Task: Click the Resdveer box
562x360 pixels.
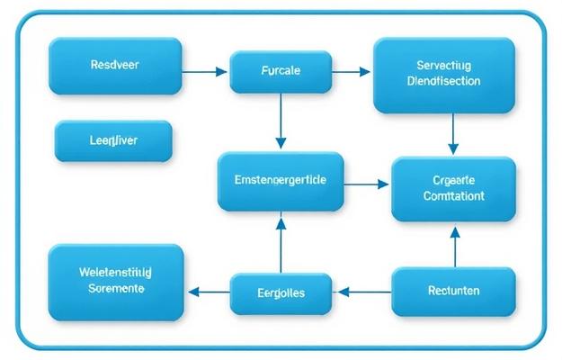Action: pyautogui.click(x=115, y=66)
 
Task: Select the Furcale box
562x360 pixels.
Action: pyautogui.click(x=281, y=71)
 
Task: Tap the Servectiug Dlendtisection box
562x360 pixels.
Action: pyautogui.click(x=443, y=74)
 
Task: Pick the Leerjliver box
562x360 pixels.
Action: pyautogui.click(x=113, y=141)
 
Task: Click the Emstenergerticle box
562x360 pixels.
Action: pyautogui.click(x=281, y=180)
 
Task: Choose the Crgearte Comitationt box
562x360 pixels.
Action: pyautogui.click(x=453, y=188)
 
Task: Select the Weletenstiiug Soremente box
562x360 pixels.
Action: pyautogui.click(x=115, y=282)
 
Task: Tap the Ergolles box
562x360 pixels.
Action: pyautogui.click(x=281, y=292)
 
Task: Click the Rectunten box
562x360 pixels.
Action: pyautogui.click(x=453, y=291)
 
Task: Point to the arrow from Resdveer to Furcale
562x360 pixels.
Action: pyautogui.click(x=206, y=70)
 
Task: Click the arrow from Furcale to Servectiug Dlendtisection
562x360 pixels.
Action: pyautogui.click(x=351, y=70)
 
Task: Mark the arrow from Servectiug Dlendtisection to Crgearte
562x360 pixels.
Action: pyautogui.click(x=453, y=134)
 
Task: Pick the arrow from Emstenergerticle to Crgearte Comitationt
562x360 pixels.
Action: pyautogui.click(x=367, y=184)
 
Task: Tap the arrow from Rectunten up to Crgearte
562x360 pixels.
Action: pyautogui.click(x=454, y=246)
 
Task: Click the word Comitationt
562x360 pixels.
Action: pyautogui.click(x=453, y=195)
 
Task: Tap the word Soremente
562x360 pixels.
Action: pyautogui.click(x=116, y=290)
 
